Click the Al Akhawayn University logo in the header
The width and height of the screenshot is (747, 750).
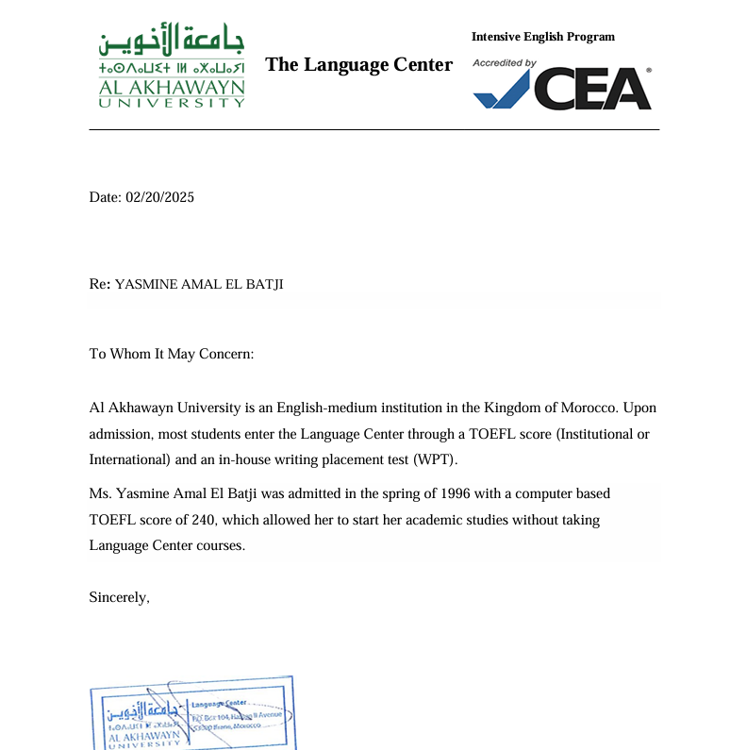click(171, 68)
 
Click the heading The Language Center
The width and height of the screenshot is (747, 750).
click(358, 64)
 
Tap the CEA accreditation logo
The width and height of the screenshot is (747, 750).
click(562, 88)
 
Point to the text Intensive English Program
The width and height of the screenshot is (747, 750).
click(542, 37)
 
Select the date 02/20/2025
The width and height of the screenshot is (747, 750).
click(159, 197)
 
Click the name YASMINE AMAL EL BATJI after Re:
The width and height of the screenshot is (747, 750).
click(199, 284)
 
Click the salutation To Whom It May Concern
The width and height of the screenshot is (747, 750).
click(172, 354)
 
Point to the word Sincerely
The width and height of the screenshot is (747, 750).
click(120, 596)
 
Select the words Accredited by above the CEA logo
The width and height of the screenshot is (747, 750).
click(505, 62)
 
